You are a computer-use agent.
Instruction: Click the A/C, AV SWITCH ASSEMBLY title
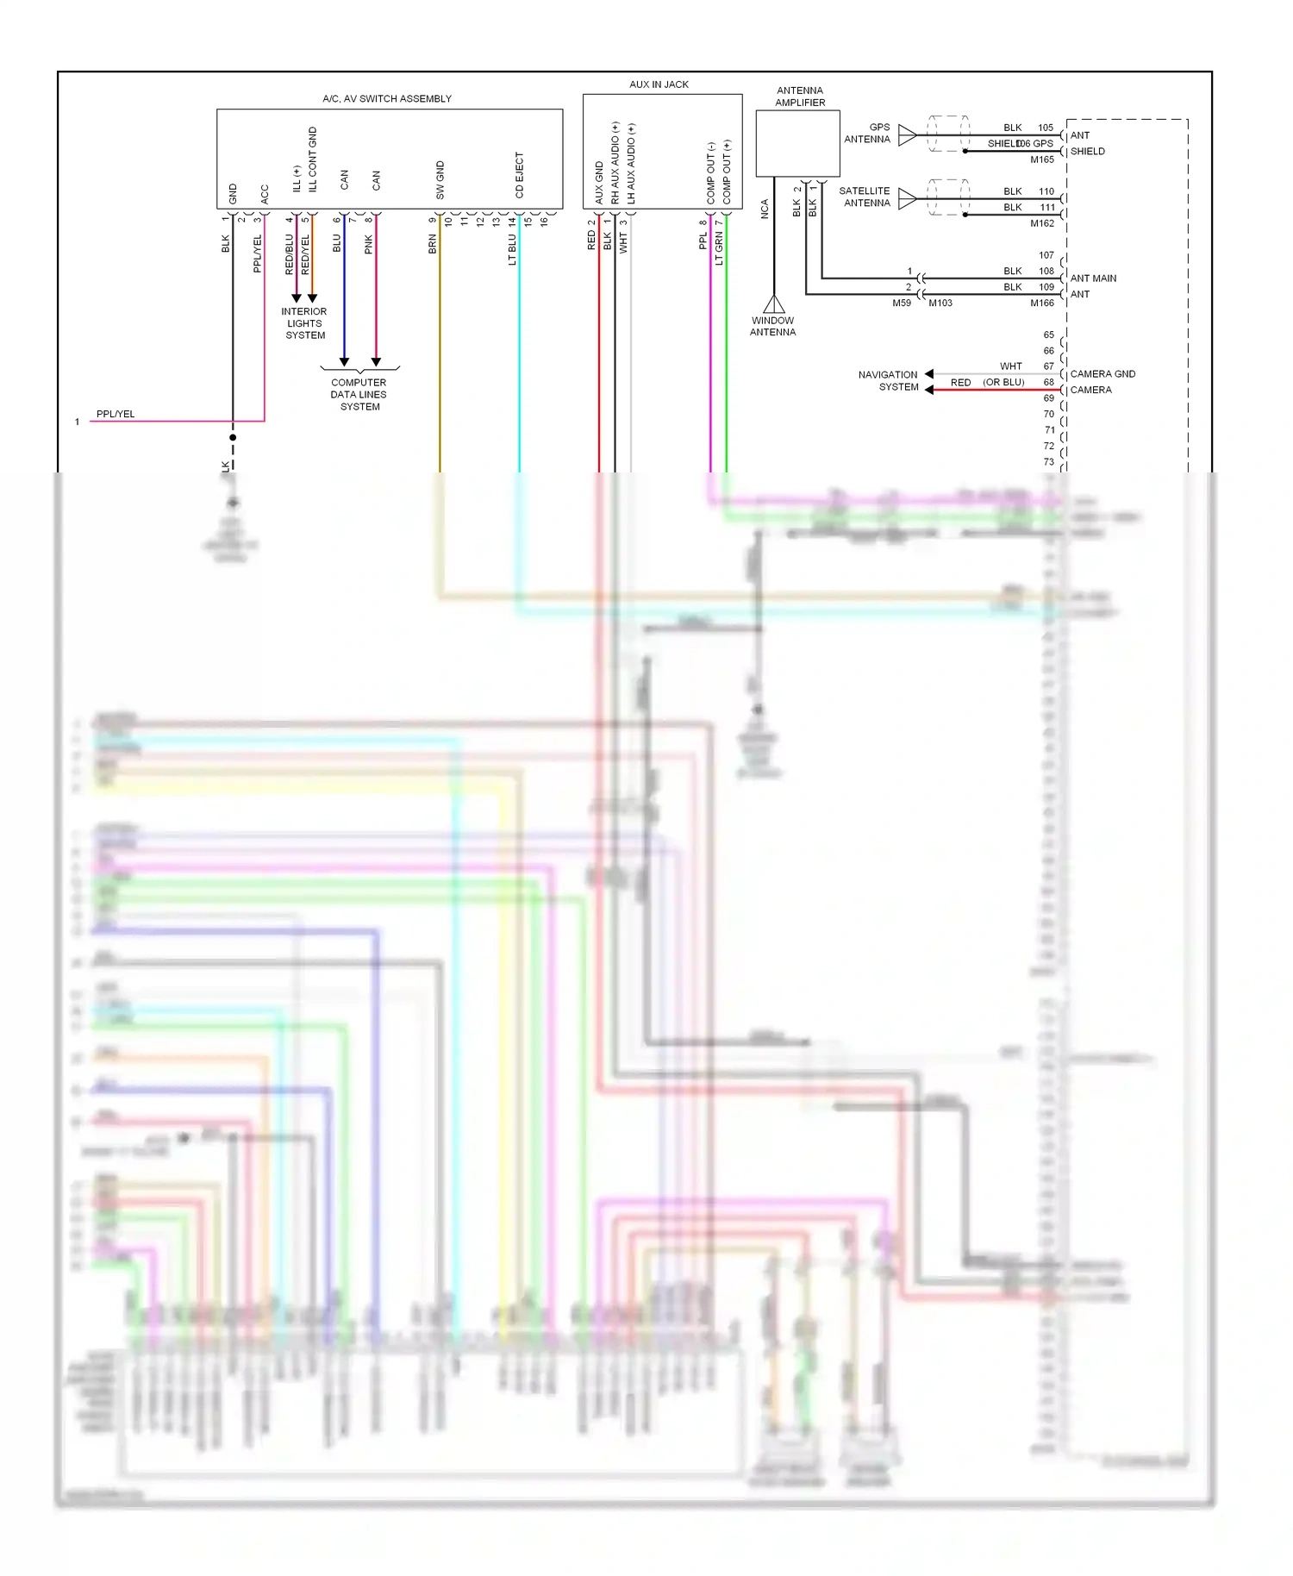pyautogui.click(x=387, y=98)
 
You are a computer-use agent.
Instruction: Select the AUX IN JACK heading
pyautogui.click(x=659, y=84)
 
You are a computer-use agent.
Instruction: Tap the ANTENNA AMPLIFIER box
pyautogui.click(x=797, y=143)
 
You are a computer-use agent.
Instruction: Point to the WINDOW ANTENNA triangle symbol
pyautogui.click(x=774, y=304)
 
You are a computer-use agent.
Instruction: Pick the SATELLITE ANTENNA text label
pyautogui.click(x=865, y=197)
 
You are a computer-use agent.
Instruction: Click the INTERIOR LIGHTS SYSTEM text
pyautogui.click(x=304, y=323)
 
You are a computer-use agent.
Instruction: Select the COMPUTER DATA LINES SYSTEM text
pyautogui.click(x=359, y=394)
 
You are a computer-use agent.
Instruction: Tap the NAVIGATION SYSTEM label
pyautogui.click(x=888, y=380)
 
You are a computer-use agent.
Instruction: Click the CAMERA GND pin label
pyautogui.click(x=1102, y=374)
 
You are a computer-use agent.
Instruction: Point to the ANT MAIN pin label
pyautogui.click(x=1093, y=278)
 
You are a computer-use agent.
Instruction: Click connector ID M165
pyautogui.click(x=1041, y=159)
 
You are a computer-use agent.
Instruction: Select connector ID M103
pyautogui.click(x=940, y=303)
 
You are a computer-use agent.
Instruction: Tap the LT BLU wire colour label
pyautogui.click(x=512, y=248)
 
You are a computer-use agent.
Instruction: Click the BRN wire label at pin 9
pyautogui.click(x=433, y=244)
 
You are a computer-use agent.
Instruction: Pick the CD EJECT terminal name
pyautogui.click(x=519, y=175)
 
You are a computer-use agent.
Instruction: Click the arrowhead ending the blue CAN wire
pyautogui.click(x=344, y=362)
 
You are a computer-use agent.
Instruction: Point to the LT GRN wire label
pyautogui.click(x=719, y=247)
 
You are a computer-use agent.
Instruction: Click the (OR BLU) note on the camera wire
pyautogui.click(x=1003, y=382)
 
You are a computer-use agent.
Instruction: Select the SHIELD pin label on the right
pyautogui.click(x=1087, y=152)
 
